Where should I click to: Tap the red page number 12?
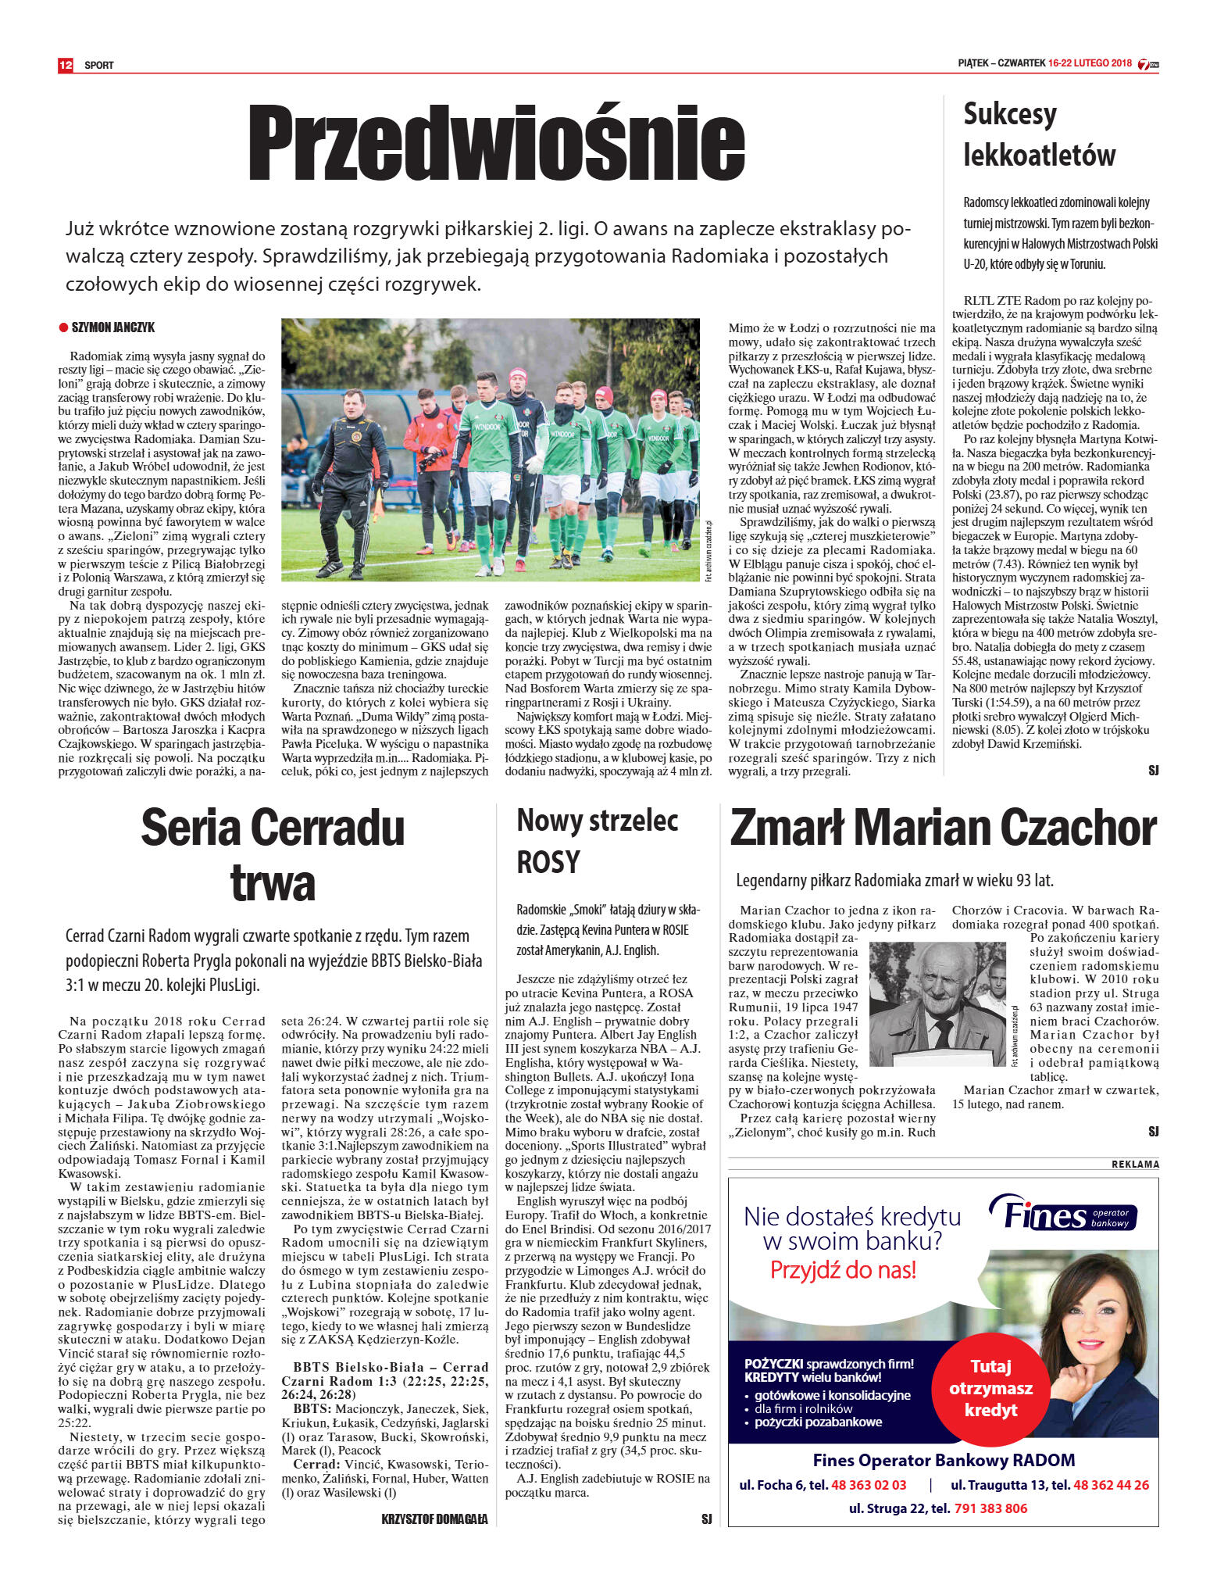(66, 65)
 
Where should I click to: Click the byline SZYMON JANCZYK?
(113, 327)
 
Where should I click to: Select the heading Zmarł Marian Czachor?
(942, 829)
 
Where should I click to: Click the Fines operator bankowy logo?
(1064, 1215)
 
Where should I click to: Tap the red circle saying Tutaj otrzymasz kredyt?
(990, 1388)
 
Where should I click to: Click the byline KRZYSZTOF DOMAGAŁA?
(434, 1519)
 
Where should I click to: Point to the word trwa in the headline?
(273, 884)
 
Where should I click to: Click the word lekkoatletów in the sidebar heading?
(1039, 155)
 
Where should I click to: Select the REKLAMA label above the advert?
(1135, 1165)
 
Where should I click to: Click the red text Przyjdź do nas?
(842, 1270)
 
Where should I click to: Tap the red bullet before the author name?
(63, 327)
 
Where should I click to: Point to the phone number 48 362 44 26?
(1111, 1485)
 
